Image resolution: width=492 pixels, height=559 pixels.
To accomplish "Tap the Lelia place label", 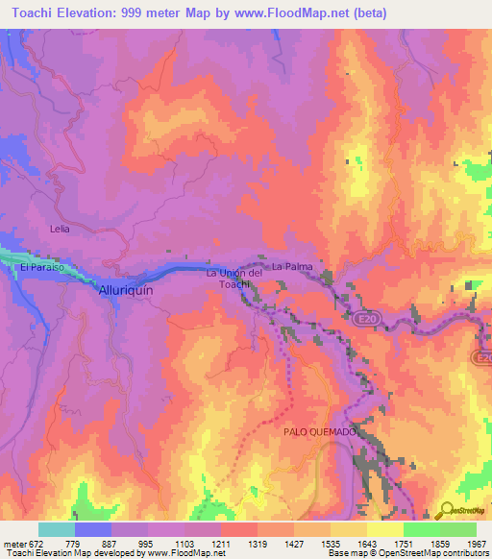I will pos(61,231).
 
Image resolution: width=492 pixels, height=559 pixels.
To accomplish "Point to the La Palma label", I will pos(289,265).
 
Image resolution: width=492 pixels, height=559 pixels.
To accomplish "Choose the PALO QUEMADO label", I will pos(320,432).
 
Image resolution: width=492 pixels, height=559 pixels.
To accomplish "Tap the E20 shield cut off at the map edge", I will pos(482,357).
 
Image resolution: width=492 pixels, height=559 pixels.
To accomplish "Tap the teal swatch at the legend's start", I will pos(56,529).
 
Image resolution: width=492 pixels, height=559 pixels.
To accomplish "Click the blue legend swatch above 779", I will pos(92,529).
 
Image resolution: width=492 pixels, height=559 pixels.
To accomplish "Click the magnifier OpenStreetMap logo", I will pos(447,509).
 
